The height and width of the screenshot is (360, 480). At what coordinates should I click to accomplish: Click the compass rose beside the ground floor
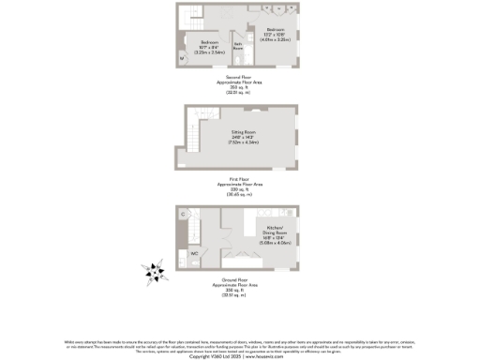154,272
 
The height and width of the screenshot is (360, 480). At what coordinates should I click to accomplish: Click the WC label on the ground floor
195,253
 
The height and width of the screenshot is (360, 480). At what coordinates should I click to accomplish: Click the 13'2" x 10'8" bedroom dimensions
276,35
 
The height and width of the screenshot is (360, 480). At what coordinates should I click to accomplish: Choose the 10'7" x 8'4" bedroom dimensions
208,49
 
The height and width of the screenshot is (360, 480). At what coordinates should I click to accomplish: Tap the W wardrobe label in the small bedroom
182,59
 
